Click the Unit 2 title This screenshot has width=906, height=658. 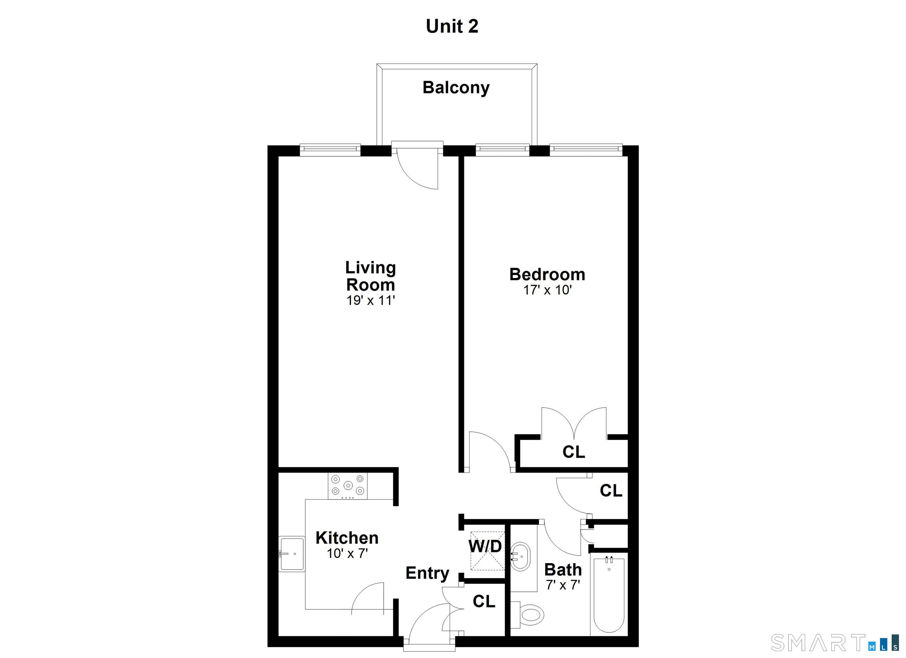click(x=452, y=26)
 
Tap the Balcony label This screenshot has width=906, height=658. click(x=456, y=88)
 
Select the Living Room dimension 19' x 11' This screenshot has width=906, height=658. click(x=370, y=300)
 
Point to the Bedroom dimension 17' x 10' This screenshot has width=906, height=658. click(x=547, y=290)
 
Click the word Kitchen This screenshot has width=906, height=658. click(x=347, y=538)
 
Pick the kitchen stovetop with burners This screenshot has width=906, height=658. click(x=347, y=486)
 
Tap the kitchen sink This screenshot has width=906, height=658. click(x=292, y=554)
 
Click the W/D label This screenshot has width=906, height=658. click(x=485, y=546)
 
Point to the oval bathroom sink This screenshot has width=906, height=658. click(x=521, y=557)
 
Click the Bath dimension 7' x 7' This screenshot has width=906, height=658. click(x=562, y=585)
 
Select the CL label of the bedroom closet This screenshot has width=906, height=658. click(x=574, y=452)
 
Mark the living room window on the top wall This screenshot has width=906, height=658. click(x=330, y=149)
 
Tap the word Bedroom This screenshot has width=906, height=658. click(x=547, y=275)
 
